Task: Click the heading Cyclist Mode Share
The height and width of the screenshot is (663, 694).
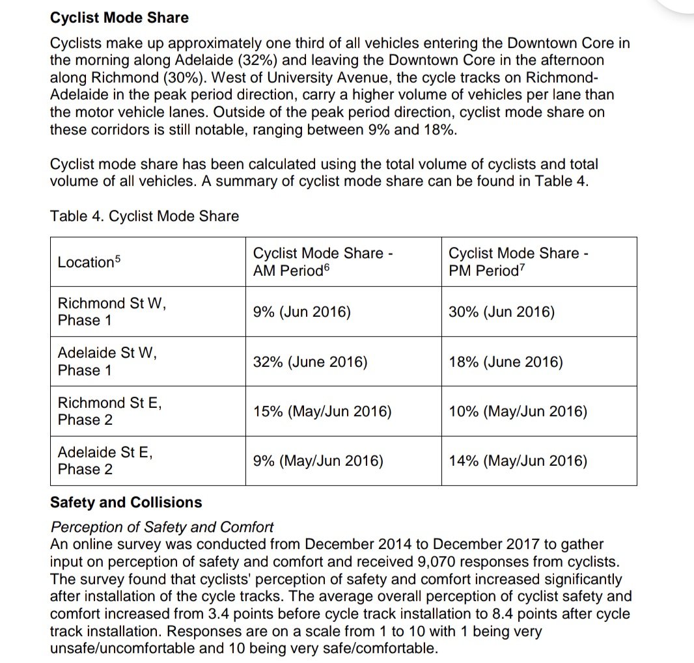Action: click(x=119, y=18)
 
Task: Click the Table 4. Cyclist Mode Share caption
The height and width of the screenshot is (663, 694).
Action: click(x=145, y=216)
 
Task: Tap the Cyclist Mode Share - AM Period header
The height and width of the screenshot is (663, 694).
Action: click(x=323, y=262)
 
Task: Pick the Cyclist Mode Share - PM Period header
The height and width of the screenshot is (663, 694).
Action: click(x=519, y=262)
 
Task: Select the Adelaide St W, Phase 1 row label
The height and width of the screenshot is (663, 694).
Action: click(x=107, y=361)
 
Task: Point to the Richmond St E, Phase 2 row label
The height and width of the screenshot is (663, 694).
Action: click(x=109, y=411)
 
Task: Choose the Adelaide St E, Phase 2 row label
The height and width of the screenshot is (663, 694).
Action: click(x=105, y=461)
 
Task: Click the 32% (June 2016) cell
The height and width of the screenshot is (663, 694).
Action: click(x=310, y=362)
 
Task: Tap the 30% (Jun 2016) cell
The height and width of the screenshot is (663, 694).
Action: click(x=501, y=312)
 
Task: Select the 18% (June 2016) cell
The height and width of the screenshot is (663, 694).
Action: click(x=505, y=362)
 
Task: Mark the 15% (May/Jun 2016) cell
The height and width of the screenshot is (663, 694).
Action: click(x=322, y=411)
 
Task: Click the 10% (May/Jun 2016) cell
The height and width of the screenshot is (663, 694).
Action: click(x=518, y=411)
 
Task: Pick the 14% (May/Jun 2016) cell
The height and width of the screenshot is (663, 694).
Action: click(x=518, y=461)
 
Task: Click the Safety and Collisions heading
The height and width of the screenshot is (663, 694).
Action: click(x=126, y=502)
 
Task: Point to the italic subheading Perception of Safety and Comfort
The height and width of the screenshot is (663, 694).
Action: click(x=162, y=527)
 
